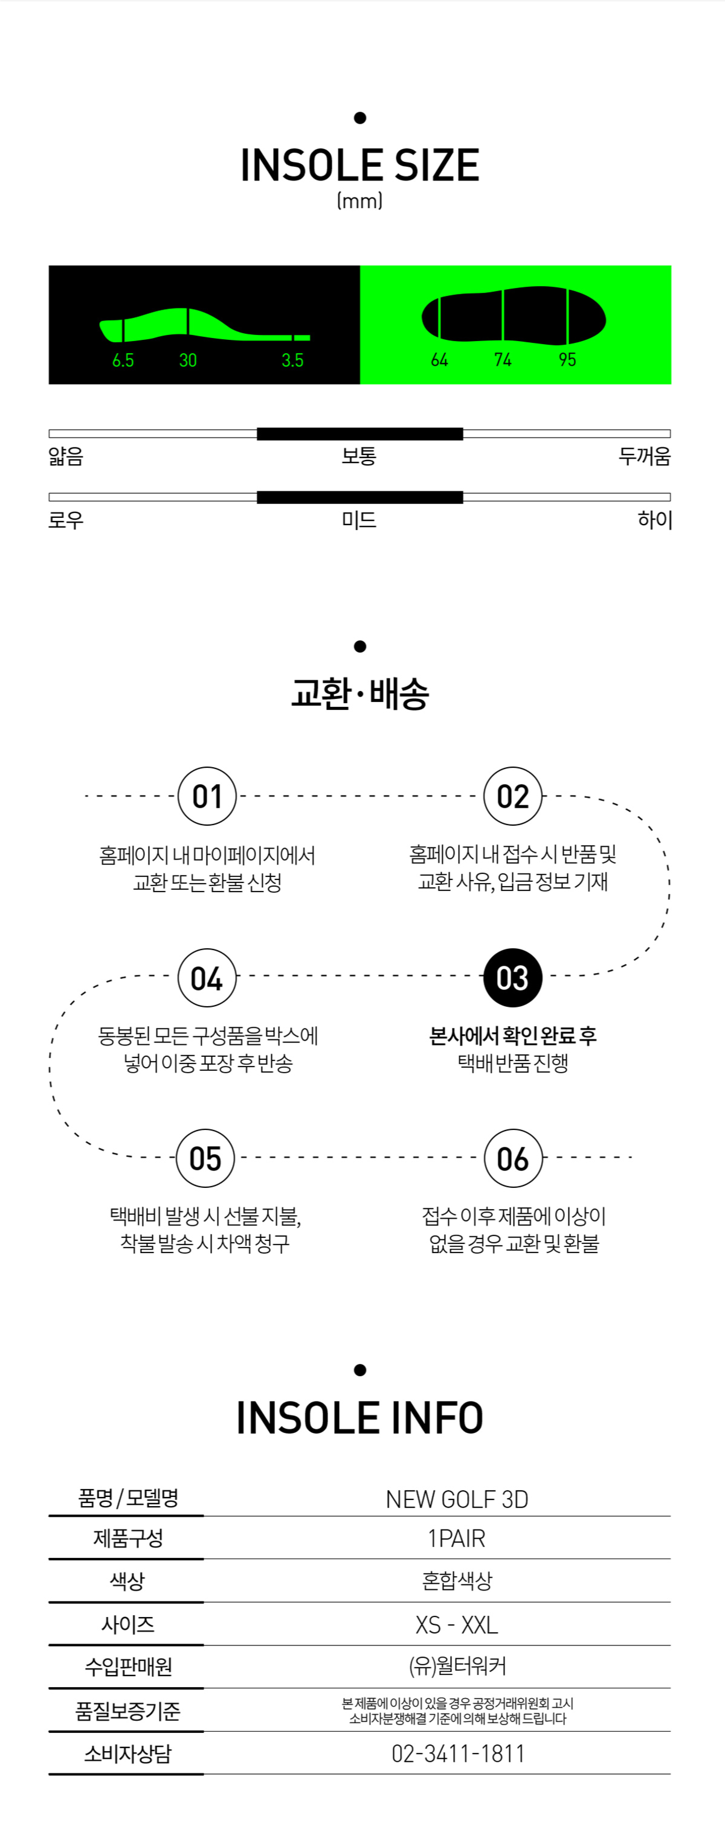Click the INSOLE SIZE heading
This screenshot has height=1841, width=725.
[x=359, y=165]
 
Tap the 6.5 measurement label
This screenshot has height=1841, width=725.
[x=123, y=360]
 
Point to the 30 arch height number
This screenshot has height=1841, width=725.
[x=188, y=360]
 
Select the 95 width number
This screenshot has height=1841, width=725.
[x=567, y=360]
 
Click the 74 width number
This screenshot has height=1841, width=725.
[x=503, y=360]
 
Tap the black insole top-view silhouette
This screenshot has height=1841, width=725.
[x=514, y=316]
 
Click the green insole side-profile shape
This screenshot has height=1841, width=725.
[x=204, y=326]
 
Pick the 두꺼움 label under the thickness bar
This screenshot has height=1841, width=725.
[x=644, y=456]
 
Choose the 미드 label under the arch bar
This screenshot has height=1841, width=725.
[x=359, y=520]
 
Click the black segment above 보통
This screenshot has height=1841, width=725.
[x=359, y=434]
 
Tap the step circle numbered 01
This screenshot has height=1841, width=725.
[x=207, y=796]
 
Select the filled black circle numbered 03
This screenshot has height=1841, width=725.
[x=513, y=978]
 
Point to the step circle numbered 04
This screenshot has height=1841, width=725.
[x=207, y=978]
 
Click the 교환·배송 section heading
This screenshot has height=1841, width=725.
[x=359, y=693]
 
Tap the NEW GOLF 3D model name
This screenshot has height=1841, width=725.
[x=457, y=1499]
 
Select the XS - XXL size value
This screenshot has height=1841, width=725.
[x=457, y=1624]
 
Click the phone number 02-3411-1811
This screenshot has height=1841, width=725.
[x=457, y=1753]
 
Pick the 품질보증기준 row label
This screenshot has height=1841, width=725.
[x=128, y=1710]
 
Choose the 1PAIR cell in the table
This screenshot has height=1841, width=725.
[x=456, y=1538]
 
